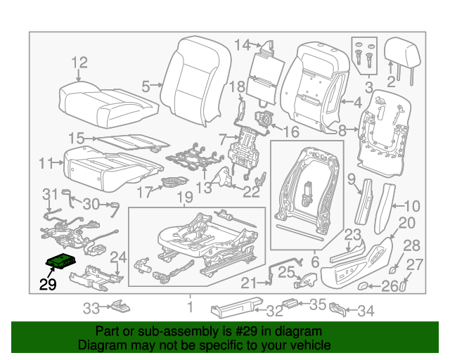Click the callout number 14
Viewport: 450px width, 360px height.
[242, 46]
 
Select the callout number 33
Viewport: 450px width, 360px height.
[92, 307]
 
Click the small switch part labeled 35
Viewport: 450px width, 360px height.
[289, 304]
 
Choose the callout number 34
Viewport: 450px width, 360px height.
[366, 310]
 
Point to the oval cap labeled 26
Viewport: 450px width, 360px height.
[365, 286]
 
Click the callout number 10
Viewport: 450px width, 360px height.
[412, 207]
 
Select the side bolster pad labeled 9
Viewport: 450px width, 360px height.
[366, 201]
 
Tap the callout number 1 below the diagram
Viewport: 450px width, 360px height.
[189, 307]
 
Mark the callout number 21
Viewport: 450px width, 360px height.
[246, 283]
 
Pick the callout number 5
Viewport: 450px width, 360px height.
[146, 87]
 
